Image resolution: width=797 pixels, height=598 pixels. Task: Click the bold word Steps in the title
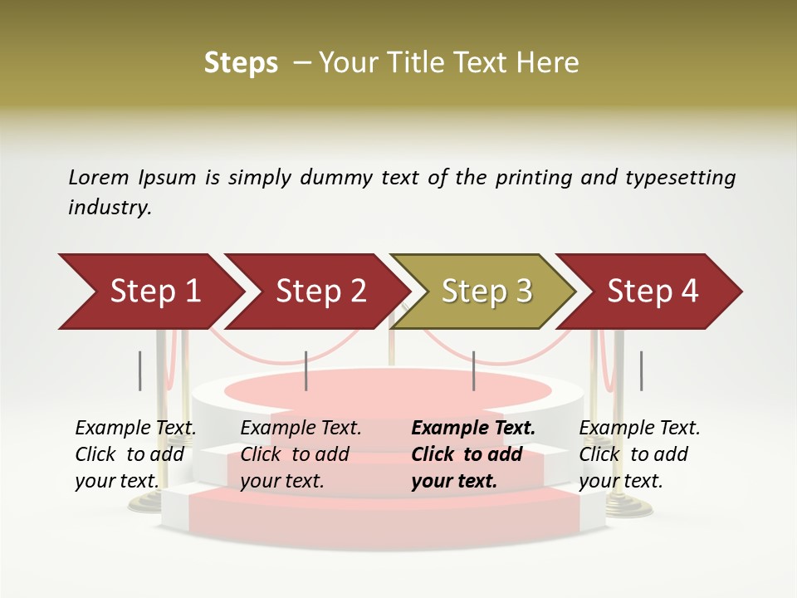(241, 63)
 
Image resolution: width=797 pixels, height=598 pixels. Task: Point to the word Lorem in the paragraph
(99, 178)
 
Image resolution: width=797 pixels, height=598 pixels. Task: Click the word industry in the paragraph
(110, 208)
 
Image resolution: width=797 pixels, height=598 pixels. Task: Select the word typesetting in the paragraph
(680, 178)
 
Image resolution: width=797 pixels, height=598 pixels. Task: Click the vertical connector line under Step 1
(140, 370)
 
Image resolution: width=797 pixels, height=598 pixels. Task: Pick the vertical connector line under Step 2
(306, 370)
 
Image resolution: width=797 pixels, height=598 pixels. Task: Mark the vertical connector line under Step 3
(473, 370)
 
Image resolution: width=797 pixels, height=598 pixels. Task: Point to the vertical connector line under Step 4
(641, 370)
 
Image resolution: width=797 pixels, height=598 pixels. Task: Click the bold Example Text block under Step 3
(473, 454)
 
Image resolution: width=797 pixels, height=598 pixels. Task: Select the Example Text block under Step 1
(135, 454)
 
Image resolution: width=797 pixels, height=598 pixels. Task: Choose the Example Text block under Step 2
(301, 454)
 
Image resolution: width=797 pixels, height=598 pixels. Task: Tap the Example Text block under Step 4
(639, 454)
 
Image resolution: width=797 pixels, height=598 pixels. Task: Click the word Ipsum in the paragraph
(168, 178)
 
